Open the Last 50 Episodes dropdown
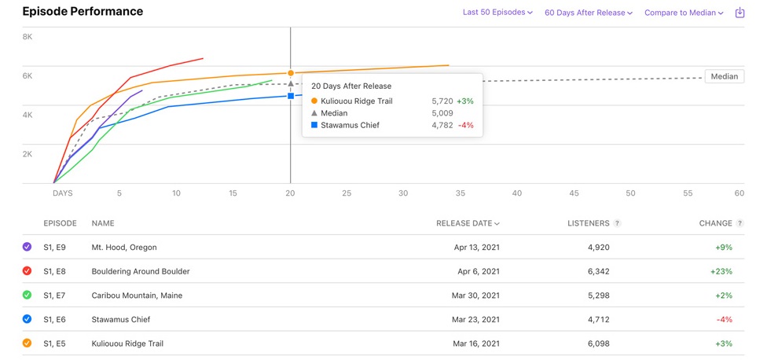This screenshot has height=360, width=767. click(x=497, y=13)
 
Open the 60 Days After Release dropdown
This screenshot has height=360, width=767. click(x=588, y=13)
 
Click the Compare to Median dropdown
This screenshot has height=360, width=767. click(x=683, y=13)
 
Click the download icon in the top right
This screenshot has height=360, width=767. click(x=739, y=13)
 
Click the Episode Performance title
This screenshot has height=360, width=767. click(x=83, y=12)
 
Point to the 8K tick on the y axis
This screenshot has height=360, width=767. click(x=28, y=37)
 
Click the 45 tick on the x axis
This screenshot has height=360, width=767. click(x=574, y=193)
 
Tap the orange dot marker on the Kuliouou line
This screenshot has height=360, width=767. click(x=291, y=73)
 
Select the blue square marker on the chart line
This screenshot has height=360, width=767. click(x=291, y=96)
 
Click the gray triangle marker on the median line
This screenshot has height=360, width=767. click(x=291, y=83)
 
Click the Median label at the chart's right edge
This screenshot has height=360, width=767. click(x=724, y=76)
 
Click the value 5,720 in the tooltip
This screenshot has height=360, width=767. click(x=442, y=101)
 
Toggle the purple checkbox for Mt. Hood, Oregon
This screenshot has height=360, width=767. click(x=28, y=247)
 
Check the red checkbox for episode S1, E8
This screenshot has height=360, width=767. click(x=28, y=271)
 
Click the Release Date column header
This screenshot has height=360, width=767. click(x=467, y=223)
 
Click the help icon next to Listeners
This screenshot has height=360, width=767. click(x=617, y=223)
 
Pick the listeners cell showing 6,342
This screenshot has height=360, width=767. click(x=593, y=271)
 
